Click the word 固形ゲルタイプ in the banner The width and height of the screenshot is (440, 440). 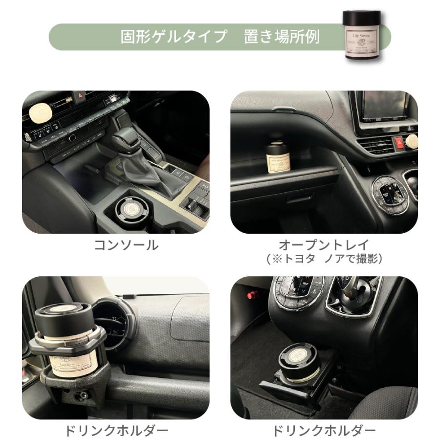tap(174, 37)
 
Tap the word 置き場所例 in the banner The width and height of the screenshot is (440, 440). tap(282, 37)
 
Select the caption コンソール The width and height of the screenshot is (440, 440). tap(126, 245)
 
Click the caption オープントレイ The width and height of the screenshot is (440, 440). tap(324, 245)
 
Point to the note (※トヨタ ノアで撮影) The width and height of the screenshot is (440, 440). tap(324, 259)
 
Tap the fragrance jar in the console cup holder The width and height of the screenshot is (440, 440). tap(132, 208)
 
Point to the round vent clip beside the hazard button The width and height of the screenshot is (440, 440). tap(412, 141)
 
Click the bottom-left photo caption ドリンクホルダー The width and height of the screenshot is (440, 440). tap(116, 431)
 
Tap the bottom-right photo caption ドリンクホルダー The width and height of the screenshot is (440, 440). tap(324, 431)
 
